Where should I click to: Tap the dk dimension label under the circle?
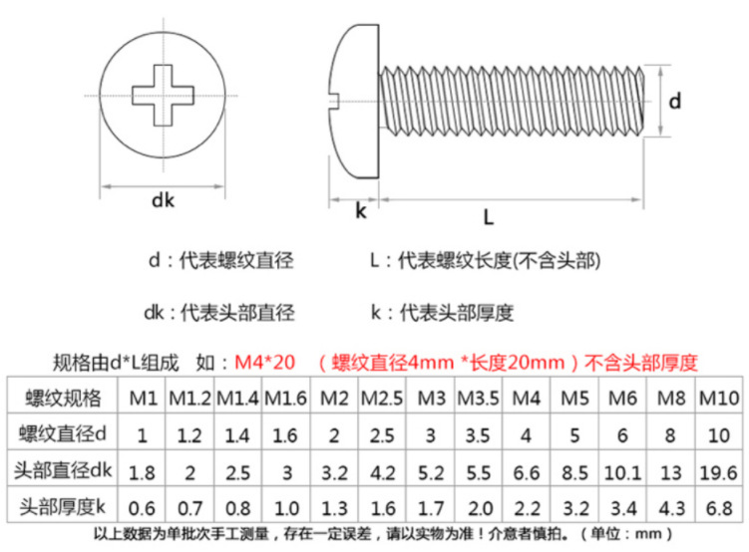tap(163, 201)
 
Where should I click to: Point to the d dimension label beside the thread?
tap(675, 101)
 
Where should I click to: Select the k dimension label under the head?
tap(360, 212)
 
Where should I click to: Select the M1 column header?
tap(144, 399)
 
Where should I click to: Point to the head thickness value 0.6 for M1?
tap(144, 507)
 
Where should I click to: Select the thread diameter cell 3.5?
tap(478, 435)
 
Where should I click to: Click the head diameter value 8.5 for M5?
tap(574, 471)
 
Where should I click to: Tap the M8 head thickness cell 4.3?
tap(670, 507)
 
